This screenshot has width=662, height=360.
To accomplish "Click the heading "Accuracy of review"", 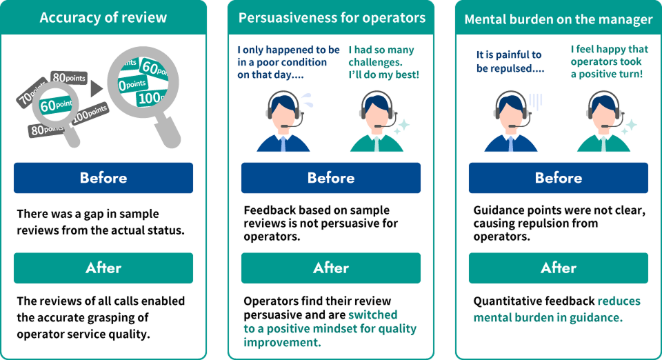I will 103,18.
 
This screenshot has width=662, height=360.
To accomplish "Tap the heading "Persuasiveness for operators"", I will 332,18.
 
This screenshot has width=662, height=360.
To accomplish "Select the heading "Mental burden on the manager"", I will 559,19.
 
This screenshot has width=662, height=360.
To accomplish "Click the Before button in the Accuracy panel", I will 103,178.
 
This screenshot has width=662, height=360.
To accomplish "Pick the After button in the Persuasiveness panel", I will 331,268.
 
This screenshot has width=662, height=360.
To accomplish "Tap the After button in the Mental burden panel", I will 559,268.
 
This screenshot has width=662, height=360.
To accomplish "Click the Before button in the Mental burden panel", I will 559,178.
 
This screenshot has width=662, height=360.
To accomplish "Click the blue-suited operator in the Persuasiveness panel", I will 283,124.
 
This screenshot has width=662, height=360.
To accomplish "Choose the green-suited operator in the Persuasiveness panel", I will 376,124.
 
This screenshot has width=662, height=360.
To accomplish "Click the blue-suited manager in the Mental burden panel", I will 510,124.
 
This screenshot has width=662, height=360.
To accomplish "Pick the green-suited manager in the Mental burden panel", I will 603,124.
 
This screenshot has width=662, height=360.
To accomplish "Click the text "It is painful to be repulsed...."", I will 509,61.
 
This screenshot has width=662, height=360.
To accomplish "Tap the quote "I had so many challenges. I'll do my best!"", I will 383,61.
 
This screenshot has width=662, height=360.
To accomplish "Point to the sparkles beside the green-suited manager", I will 628,126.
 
